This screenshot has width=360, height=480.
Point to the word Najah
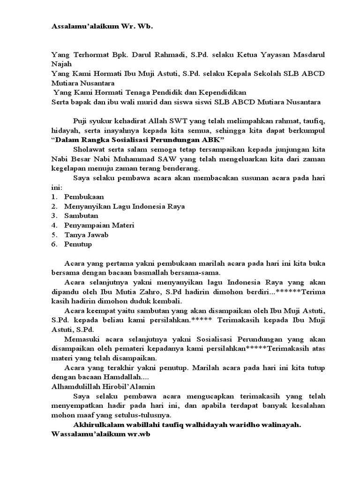[61, 64]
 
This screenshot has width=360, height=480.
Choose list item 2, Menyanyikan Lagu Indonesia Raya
[124, 206]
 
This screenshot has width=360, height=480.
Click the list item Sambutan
[81, 216]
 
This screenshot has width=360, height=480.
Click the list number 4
[54, 225]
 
